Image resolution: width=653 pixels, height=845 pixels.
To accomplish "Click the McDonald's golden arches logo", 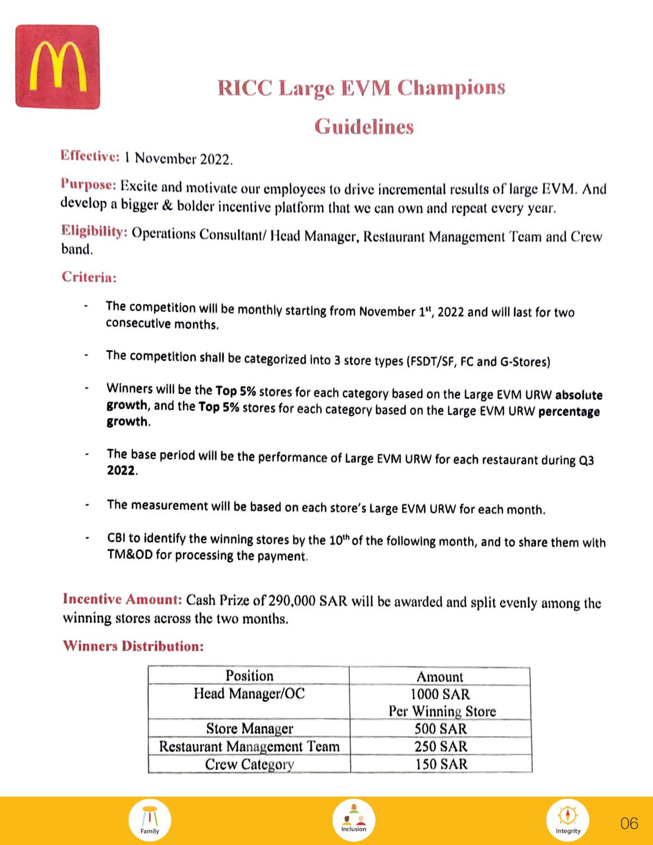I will coord(58,67).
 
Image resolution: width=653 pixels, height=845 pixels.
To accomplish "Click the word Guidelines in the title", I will coord(364,127).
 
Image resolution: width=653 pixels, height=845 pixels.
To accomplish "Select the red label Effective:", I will coord(90,156).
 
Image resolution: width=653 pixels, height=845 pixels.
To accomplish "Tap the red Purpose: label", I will coord(88,184).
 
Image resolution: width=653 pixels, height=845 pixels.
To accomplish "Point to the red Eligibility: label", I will coord(94,231).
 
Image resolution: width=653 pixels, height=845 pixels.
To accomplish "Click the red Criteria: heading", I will coord(89,277).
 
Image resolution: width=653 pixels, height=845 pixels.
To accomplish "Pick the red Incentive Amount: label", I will coord(122,599).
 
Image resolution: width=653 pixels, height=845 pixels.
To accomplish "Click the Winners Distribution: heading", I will coord(133,646).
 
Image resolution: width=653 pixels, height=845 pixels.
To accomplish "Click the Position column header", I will coord(249,676).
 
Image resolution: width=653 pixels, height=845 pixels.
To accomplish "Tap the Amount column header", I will coord(440,677).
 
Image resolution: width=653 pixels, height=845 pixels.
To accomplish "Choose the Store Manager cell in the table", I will coord(249,729).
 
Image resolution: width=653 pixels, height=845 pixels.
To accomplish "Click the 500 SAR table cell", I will coord(440,729).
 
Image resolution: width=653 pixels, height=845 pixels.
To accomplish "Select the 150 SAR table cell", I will coord(440,764).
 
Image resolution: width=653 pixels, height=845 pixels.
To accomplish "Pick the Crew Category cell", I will coord(249,764).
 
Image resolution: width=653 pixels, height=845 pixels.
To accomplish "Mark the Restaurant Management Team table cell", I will coord(249,746).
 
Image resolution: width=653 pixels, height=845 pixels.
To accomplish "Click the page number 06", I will coord(629,823).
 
